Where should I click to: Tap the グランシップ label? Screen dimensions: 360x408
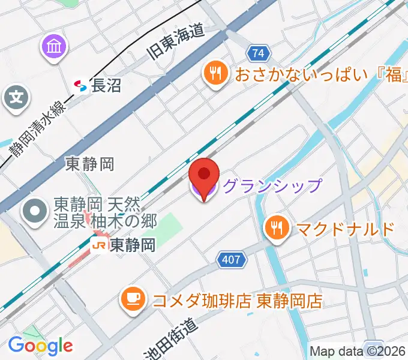[x=272, y=186]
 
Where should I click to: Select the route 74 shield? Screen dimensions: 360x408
[x=258, y=54]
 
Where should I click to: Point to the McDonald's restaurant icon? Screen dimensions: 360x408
[x=277, y=228]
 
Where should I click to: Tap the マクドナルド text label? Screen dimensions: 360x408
[x=343, y=229]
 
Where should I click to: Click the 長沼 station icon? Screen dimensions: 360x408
[x=80, y=86]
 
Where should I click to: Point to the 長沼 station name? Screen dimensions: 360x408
[x=107, y=86]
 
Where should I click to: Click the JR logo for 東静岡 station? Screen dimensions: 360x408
[x=98, y=245]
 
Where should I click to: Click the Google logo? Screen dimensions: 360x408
[x=40, y=346]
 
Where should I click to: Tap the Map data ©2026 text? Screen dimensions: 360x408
[x=358, y=351]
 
